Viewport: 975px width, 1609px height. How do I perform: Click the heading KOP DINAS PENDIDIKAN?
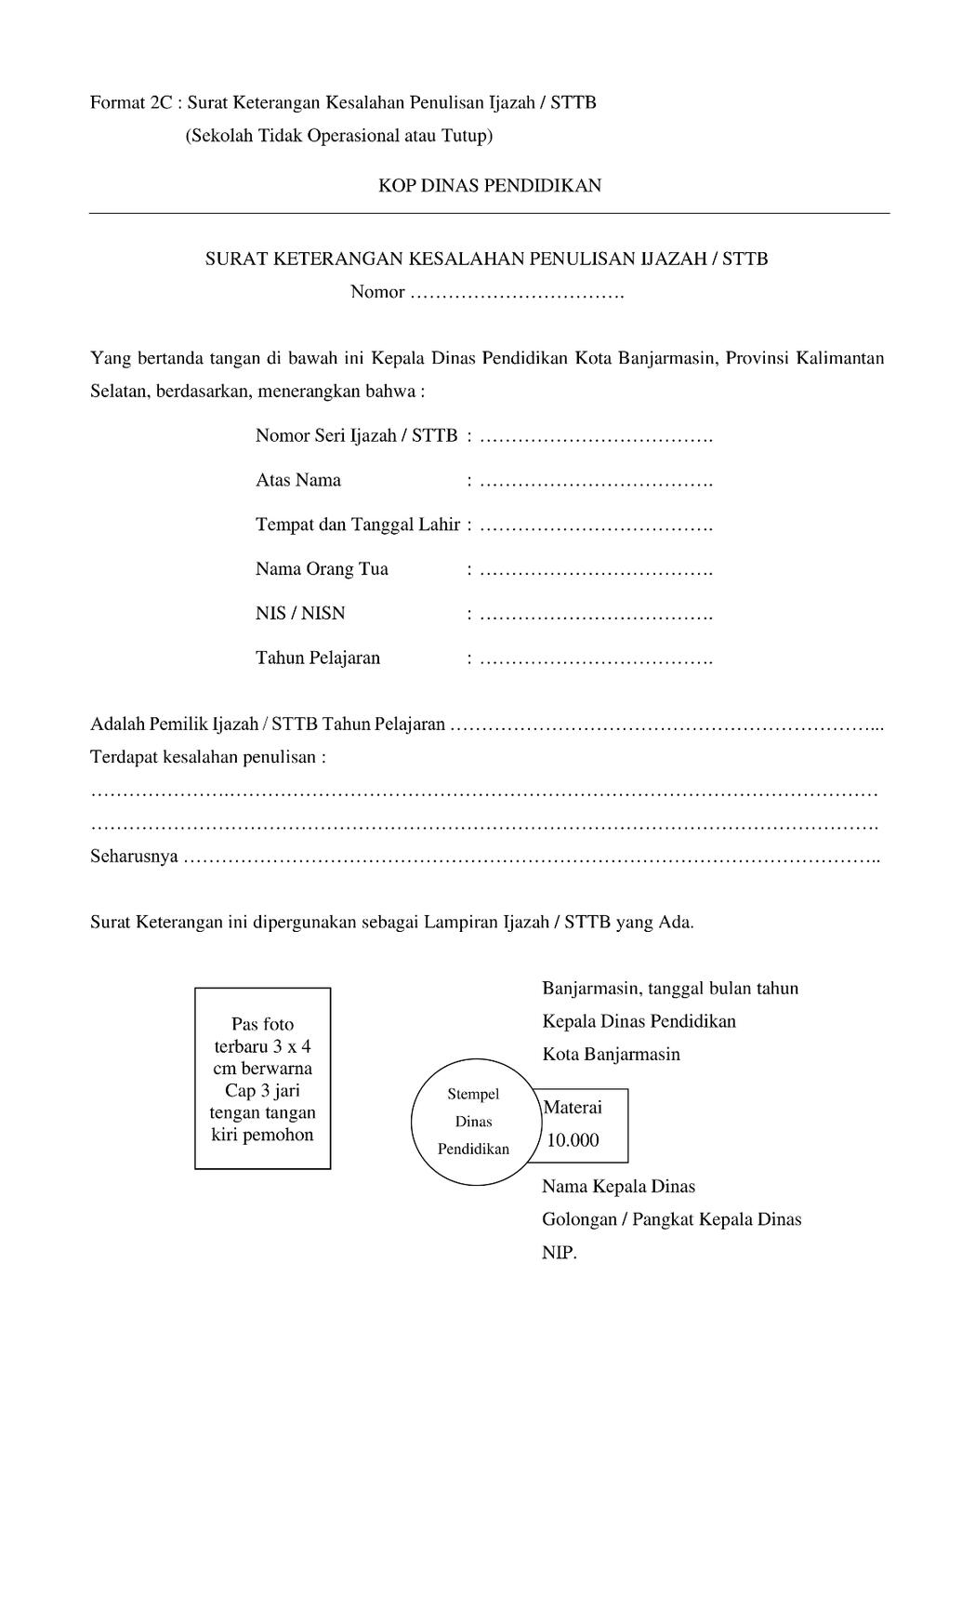pyautogui.click(x=489, y=185)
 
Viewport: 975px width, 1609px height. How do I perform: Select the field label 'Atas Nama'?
pyautogui.click(x=298, y=481)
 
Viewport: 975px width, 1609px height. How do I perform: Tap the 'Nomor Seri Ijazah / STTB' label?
pyautogui.click(x=356, y=435)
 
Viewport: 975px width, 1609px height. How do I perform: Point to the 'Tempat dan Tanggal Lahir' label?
pyautogui.click(x=358, y=525)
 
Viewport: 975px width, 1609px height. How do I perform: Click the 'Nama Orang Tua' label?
pyautogui.click(x=322, y=569)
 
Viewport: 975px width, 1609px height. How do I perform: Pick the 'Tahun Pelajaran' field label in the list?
pyautogui.click(x=318, y=658)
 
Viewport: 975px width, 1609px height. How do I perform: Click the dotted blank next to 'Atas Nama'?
pyautogui.click(x=597, y=483)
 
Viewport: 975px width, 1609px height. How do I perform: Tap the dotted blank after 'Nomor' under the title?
pyautogui.click(x=517, y=295)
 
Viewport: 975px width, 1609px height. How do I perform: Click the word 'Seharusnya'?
pyautogui.click(x=134, y=857)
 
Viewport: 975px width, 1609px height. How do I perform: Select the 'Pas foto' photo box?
pyautogui.click(x=262, y=1078)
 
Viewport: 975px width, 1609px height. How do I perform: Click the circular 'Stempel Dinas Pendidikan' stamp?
pyautogui.click(x=473, y=1122)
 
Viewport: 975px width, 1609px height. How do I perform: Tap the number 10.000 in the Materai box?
pyautogui.click(x=573, y=1140)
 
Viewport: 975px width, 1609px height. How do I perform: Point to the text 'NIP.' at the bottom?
pyautogui.click(x=560, y=1253)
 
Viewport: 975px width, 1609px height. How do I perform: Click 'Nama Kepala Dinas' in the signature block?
pyautogui.click(x=618, y=1187)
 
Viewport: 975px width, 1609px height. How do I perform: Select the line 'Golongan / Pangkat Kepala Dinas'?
pyautogui.click(x=671, y=1219)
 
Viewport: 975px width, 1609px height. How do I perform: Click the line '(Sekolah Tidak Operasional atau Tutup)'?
pyautogui.click(x=338, y=136)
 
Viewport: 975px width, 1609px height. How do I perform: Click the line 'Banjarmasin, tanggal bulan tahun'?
pyautogui.click(x=670, y=988)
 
